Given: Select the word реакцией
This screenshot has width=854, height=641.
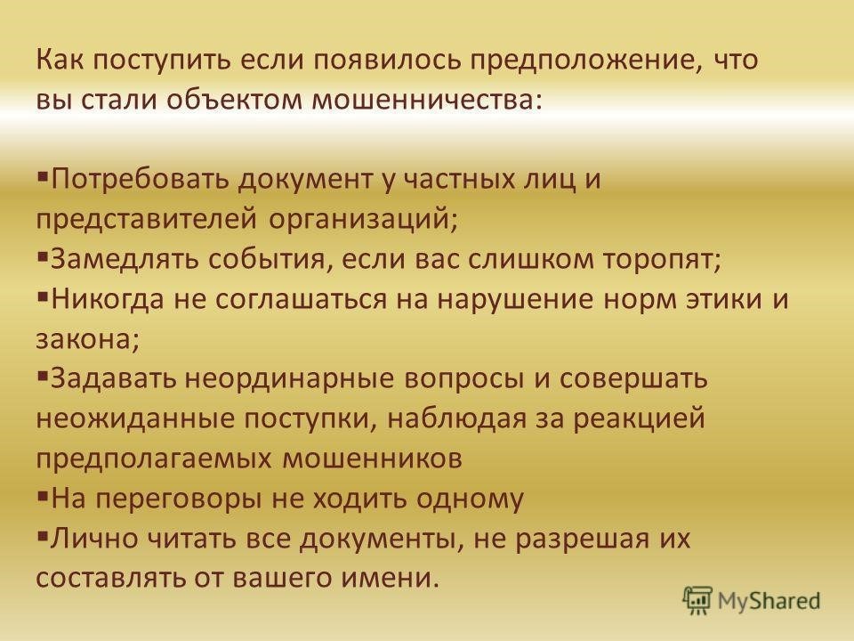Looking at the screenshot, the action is [639, 419].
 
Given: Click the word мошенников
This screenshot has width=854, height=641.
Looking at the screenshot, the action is [373, 458].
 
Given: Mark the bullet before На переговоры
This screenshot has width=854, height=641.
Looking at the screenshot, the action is [43, 495].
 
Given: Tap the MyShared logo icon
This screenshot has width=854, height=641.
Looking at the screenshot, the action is [697, 601].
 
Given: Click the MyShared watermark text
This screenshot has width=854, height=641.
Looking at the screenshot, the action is [769, 601].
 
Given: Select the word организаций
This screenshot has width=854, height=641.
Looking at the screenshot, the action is [364, 220].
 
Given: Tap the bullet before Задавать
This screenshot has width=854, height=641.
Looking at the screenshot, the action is [43, 375].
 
